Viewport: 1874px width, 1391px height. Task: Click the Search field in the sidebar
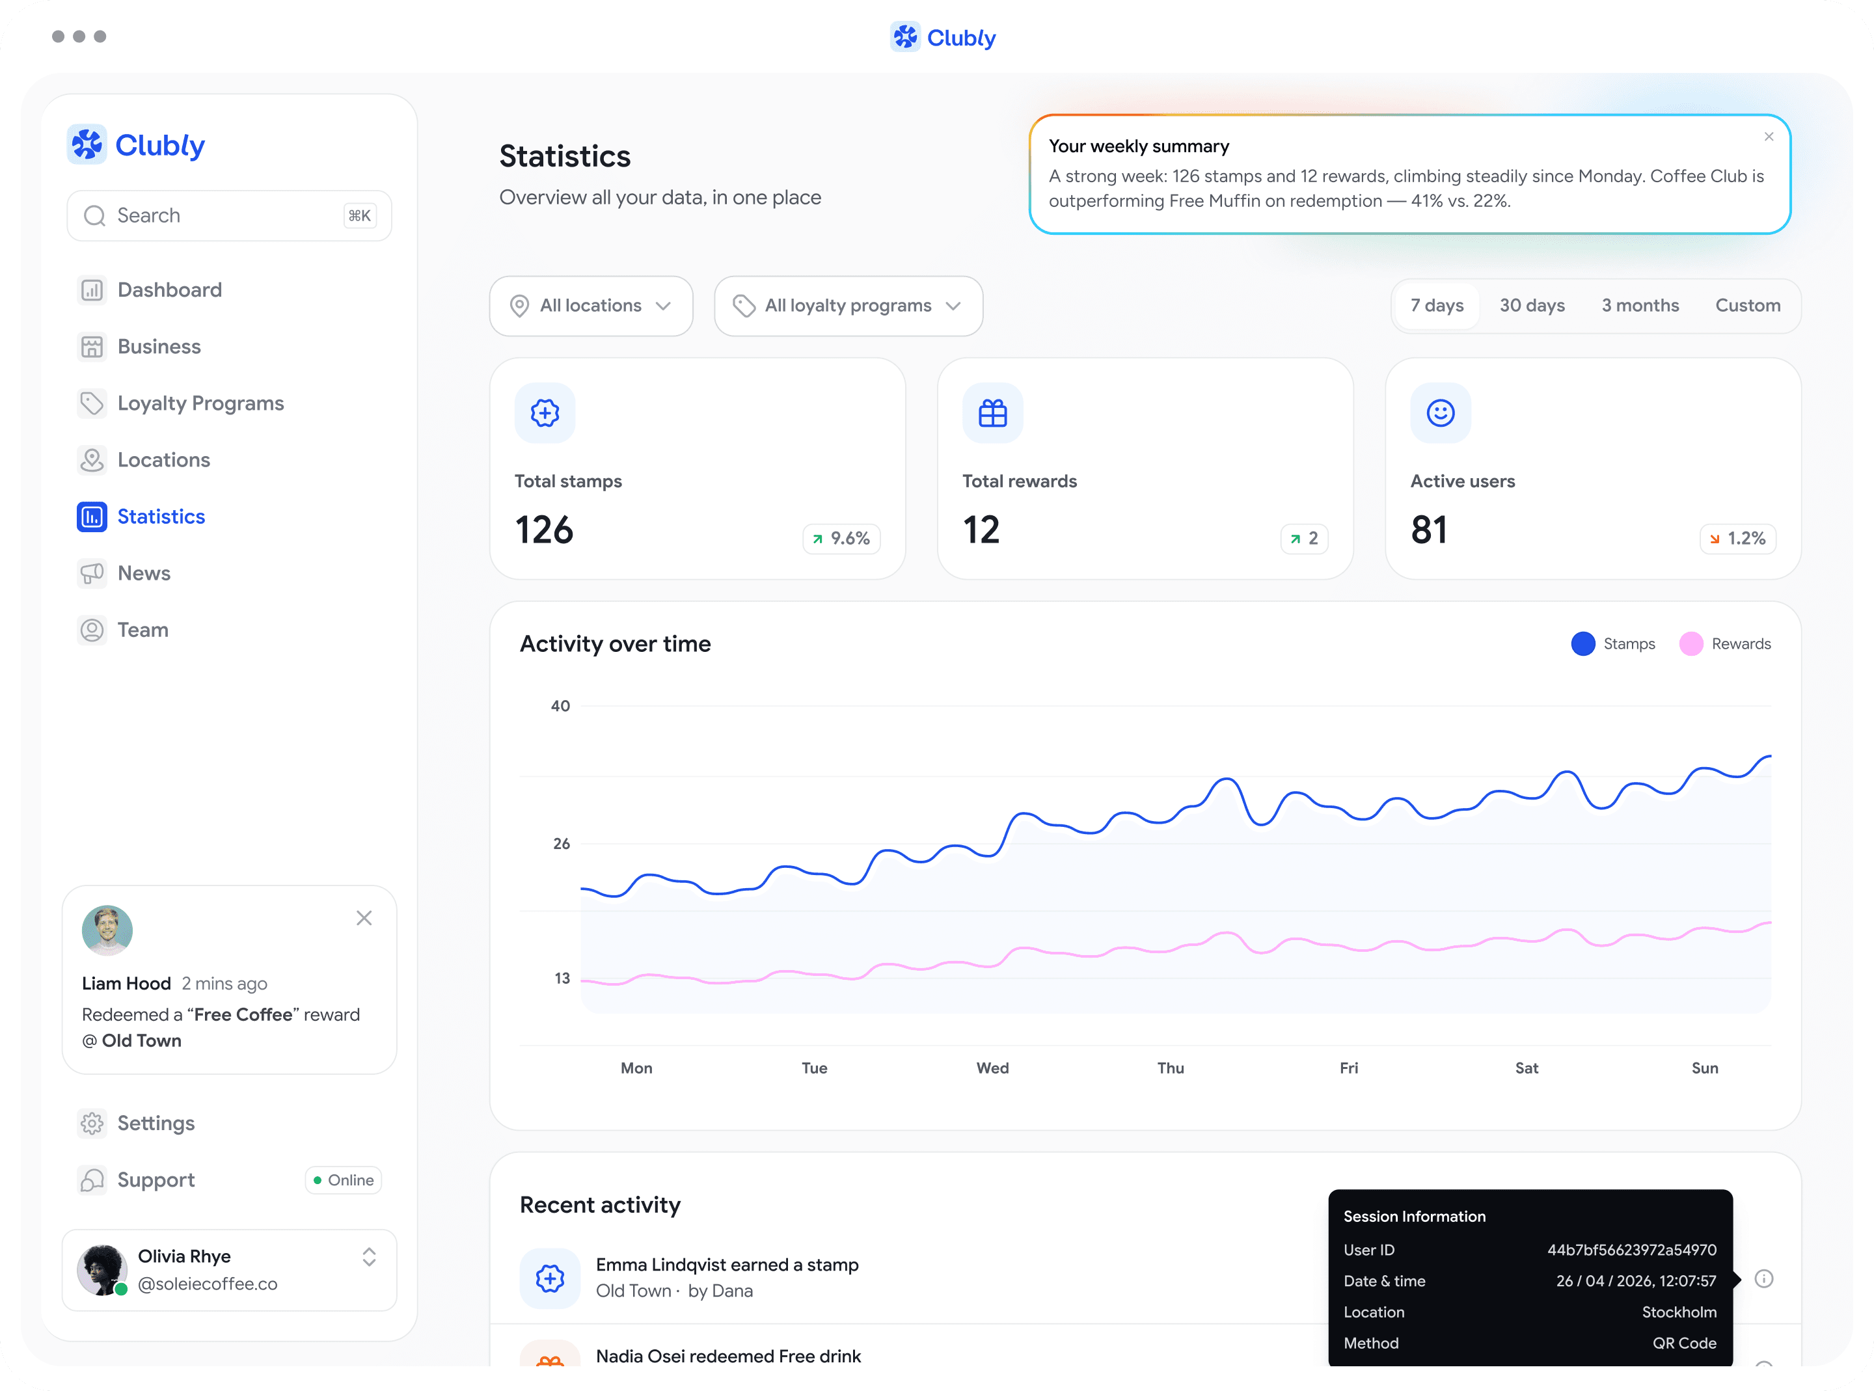(x=229, y=215)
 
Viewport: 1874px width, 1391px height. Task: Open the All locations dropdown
(x=591, y=306)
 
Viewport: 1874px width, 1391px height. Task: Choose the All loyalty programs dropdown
(x=849, y=306)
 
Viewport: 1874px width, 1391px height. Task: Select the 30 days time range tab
(x=1531, y=306)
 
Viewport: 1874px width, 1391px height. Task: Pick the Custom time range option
(x=1748, y=306)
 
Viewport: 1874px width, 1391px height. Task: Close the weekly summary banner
(x=1769, y=137)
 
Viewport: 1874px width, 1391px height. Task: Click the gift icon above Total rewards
(x=992, y=412)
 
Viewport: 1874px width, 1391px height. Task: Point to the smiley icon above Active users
(x=1441, y=412)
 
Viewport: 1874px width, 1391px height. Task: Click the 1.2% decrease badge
(x=1737, y=538)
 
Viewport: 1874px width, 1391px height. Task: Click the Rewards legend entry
(x=1725, y=644)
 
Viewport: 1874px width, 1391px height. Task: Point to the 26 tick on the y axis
(x=562, y=844)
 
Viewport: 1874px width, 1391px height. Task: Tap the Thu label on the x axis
(x=1170, y=1068)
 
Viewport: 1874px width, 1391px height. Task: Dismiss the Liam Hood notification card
(x=364, y=918)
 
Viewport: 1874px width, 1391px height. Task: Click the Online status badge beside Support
(x=344, y=1180)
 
